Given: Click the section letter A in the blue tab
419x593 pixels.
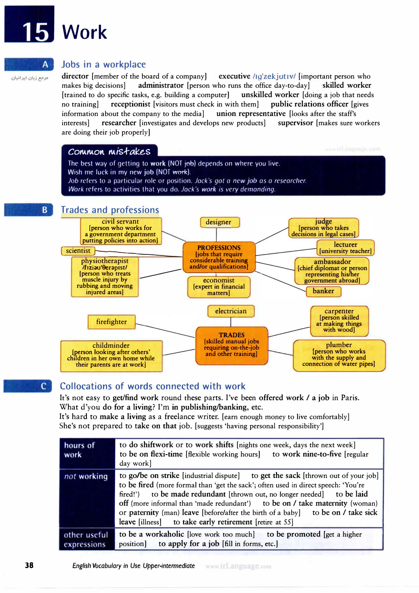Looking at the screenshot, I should tap(45, 64).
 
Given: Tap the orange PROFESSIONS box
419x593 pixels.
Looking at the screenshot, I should tap(219, 257).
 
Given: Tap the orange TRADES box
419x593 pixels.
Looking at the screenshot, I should tap(232, 345).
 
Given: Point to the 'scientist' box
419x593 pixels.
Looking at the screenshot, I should tap(78, 250).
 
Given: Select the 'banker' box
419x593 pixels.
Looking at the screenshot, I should tap(323, 291).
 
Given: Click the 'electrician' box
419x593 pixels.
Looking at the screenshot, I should tap(231, 311).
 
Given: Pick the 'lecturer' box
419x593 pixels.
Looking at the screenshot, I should tap(345, 247).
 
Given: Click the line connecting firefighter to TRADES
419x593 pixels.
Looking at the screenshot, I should tap(165, 330).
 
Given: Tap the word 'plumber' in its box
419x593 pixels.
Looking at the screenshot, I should tap(339, 345).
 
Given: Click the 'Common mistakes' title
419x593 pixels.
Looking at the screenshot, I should tap(109, 151).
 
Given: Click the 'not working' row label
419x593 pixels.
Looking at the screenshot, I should tap(86, 476).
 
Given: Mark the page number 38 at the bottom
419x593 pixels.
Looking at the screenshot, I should tap(29, 565).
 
